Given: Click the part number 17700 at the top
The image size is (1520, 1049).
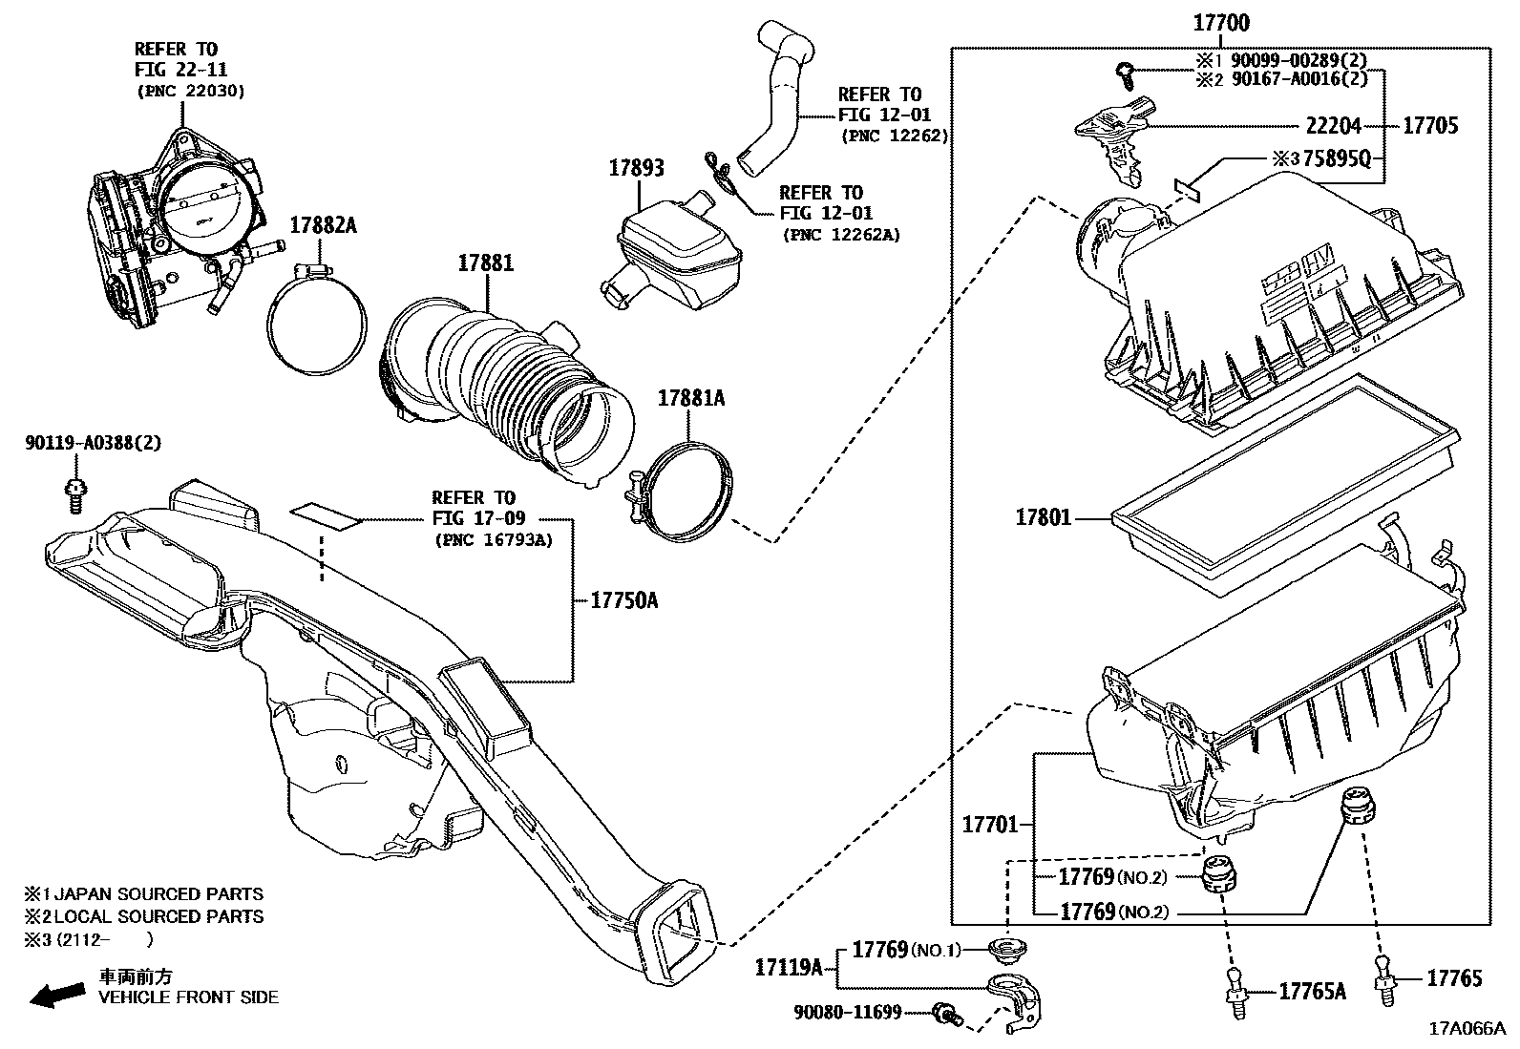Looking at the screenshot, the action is pos(1221,22).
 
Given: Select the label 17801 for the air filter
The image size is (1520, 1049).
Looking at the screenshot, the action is pos(1043,517).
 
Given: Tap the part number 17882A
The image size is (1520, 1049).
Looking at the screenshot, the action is pos(323,225).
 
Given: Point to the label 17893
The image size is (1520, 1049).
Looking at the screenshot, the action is pos(636,168).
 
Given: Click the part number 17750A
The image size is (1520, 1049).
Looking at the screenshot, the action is pos(624,600).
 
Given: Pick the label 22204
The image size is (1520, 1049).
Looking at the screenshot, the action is pos(1334,126).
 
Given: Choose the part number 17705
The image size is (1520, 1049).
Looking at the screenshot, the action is pos(1430,126).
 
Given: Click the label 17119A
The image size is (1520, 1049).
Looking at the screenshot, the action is pos(789,967).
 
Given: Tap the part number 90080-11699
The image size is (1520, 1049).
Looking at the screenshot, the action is pos(848,1013).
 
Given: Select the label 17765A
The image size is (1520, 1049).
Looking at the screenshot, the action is pos(1313,992).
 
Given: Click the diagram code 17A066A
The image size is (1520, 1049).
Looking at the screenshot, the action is pos(1467,1029).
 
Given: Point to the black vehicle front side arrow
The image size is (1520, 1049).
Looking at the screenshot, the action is pos(57,995).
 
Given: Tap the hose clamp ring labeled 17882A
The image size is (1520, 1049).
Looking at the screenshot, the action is pos(318,319).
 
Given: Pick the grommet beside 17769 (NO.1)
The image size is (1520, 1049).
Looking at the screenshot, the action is pos(1007,950).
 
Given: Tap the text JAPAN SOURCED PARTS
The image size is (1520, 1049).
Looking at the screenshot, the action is pos(158,893).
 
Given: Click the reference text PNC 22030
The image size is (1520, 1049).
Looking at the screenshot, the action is pos(191,91).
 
